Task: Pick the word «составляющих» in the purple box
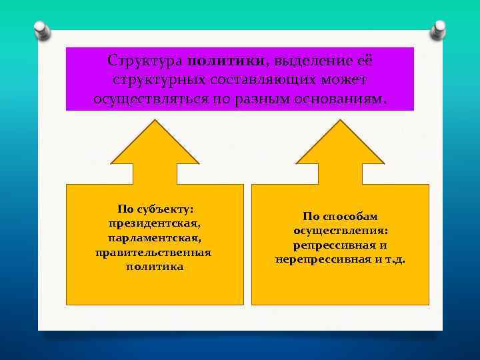coord(263,80)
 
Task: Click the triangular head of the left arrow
coord(155,144)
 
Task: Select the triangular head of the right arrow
coord(340,144)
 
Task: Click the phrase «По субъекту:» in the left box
coord(155,209)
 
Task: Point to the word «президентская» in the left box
coord(155,223)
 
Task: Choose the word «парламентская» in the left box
coord(155,238)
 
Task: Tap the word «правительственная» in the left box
coord(155,252)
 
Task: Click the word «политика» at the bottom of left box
coord(155,267)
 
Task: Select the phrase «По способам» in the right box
coord(340,217)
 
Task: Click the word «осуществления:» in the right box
coord(340,231)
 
